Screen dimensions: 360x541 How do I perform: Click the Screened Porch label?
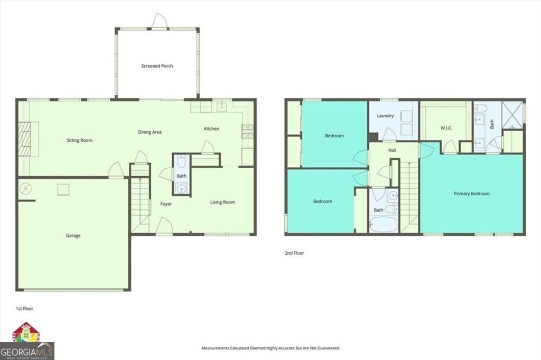pyautogui.click(x=157, y=66)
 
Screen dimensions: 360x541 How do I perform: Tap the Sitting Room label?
pyautogui.click(x=79, y=140)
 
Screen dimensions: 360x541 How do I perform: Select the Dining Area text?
pyautogui.click(x=150, y=132)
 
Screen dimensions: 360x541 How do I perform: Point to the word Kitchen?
pyautogui.click(x=211, y=129)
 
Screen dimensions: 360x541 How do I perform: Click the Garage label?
pyautogui.click(x=73, y=236)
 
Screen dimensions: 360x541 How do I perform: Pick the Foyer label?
pyautogui.click(x=166, y=204)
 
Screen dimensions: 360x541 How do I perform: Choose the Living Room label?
pyautogui.click(x=222, y=202)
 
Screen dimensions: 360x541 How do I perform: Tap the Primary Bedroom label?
pyautogui.click(x=471, y=193)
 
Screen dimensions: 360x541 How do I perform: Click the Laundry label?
pyautogui.click(x=385, y=115)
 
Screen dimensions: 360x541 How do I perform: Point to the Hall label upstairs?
pyautogui.click(x=393, y=151)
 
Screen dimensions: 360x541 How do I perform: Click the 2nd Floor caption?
pyautogui.click(x=294, y=253)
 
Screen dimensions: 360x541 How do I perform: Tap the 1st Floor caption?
pyautogui.click(x=25, y=308)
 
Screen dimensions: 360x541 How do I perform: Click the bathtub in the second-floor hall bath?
pyautogui.click(x=383, y=225)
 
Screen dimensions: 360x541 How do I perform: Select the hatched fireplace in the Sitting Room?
pyautogui.click(x=24, y=139)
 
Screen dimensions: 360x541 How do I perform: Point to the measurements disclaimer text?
pyautogui.click(x=270, y=348)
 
